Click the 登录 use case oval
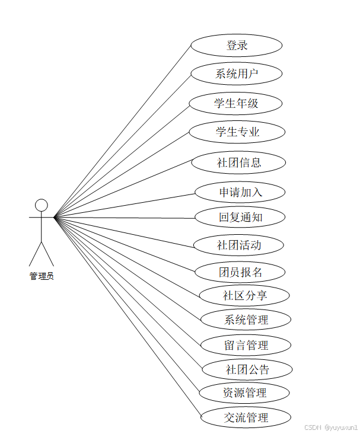[236, 46]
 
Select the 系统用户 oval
[236, 74]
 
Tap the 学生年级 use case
[236, 103]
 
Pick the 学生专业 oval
[237, 132]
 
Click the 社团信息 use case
[239, 162]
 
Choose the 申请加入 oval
[240, 192]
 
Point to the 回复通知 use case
[240, 217]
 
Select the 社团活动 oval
[239, 244]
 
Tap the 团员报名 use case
[240, 272]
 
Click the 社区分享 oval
[244, 295]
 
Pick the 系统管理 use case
[246, 320]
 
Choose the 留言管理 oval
[246, 345]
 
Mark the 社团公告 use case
[247, 370]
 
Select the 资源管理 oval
[244, 392]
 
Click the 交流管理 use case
[246, 417]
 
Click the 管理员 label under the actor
[42, 276]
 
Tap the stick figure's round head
[42, 205]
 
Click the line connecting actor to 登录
[123, 130]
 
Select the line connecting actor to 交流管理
[128, 317]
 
